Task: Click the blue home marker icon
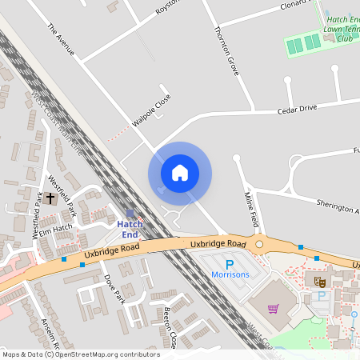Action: coord(180,173)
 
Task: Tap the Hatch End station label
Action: coord(130,230)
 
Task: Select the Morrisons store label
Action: coord(230,274)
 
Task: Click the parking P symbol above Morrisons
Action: coord(230,263)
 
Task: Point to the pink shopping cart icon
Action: coord(274,309)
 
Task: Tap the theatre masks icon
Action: coord(320,281)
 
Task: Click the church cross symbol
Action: coord(50,197)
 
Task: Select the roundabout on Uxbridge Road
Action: coord(258,244)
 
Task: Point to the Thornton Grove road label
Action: coord(226,50)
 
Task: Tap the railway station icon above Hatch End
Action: coord(130,214)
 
